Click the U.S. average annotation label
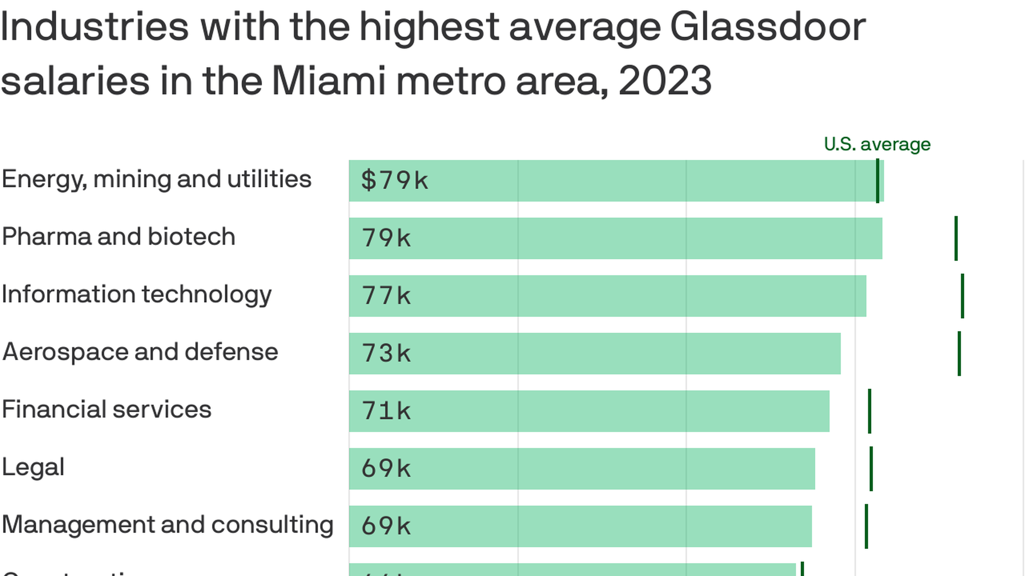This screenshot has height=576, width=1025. click(877, 144)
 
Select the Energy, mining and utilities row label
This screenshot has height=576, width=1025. click(156, 179)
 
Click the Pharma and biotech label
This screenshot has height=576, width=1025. click(119, 237)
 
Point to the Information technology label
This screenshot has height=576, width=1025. click(137, 294)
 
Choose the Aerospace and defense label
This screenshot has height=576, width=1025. click(140, 352)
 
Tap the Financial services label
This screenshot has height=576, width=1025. click(107, 410)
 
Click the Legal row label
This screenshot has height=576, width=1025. click(33, 467)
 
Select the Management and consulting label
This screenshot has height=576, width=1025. click(168, 525)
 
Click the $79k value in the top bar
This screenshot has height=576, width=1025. click(394, 180)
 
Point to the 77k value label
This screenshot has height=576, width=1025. click(386, 295)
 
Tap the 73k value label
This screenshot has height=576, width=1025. click(386, 353)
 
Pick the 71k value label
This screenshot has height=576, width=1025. click(386, 411)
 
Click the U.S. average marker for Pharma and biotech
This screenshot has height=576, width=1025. click(956, 238)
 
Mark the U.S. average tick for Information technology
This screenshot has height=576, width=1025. click(963, 295)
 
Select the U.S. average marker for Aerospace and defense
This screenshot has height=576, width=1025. click(959, 353)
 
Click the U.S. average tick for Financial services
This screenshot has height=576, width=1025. click(870, 411)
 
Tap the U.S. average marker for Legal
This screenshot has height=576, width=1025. click(871, 468)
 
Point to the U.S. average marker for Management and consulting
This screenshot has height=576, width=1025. click(866, 526)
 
